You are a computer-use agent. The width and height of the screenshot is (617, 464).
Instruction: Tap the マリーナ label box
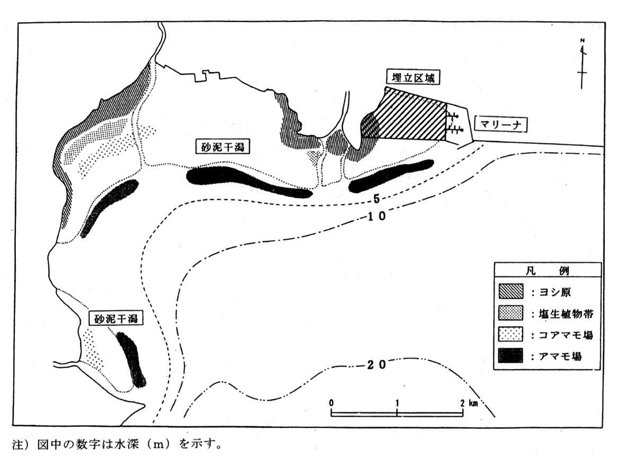coord(500,125)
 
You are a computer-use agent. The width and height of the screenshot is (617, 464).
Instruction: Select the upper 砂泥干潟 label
coord(223,147)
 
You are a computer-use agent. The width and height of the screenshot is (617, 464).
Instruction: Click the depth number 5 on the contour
coord(376,199)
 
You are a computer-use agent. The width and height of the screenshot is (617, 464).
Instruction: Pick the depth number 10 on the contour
coord(377,216)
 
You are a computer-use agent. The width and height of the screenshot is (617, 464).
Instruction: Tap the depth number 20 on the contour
coord(377,365)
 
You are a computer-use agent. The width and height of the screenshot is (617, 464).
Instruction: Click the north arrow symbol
coord(583,63)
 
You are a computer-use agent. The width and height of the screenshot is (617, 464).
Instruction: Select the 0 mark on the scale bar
coord(332,403)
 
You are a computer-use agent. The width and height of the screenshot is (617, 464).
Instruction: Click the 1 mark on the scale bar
coord(397,403)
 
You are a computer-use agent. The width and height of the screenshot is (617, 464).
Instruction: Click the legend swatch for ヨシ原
coord(510,292)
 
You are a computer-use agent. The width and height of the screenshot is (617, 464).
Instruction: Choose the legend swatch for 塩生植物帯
coord(510,313)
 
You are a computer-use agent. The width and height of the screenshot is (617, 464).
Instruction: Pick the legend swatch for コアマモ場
coord(510,334)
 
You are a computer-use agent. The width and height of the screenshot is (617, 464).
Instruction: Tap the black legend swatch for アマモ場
coord(510,355)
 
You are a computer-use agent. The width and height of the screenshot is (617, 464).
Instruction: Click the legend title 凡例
coord(548,270)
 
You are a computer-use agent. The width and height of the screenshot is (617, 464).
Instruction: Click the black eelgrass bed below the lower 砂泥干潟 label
coord(131,359)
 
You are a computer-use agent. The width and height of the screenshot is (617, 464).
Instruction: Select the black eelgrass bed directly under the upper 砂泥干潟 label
coord(249,181)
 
